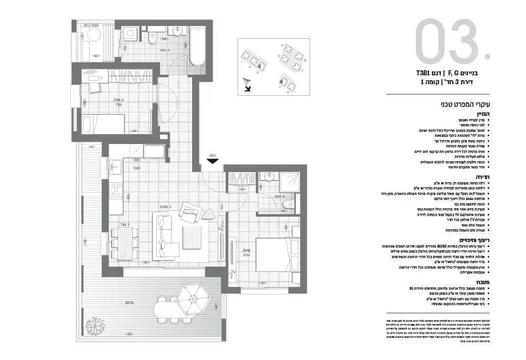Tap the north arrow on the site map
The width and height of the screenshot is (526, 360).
247,84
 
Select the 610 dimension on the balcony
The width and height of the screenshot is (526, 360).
129,334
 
